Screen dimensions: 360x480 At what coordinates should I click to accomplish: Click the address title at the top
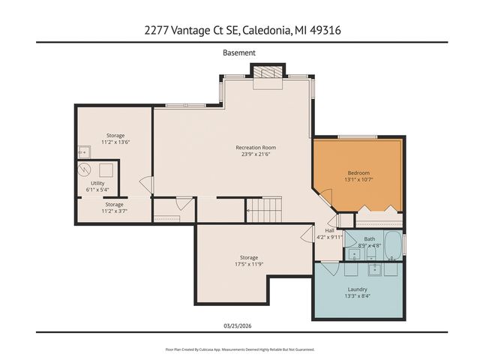[x=239, y=30]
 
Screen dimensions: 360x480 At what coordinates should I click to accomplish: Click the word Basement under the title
[x=239, y=53]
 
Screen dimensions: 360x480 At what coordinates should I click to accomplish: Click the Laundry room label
[x=357, y=289]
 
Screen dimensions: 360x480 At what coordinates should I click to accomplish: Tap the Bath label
[x=370, y=239]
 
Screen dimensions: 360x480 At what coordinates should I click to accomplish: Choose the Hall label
[x=330, y=230]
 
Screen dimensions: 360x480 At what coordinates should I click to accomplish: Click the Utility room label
[x=97, y=183]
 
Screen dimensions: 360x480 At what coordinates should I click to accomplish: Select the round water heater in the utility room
[x=86, y=169]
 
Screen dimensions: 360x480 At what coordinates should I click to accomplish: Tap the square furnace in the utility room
[x=106, y=169]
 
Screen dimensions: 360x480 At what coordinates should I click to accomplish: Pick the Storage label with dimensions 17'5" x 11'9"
[x=249, y=258]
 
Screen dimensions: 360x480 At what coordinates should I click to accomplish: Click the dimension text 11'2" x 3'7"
[x=114, y=211]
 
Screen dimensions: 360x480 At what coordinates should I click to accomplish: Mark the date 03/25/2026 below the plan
[x=239, y=325]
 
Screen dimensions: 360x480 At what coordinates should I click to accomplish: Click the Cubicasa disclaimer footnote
[x=239, y=349]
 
